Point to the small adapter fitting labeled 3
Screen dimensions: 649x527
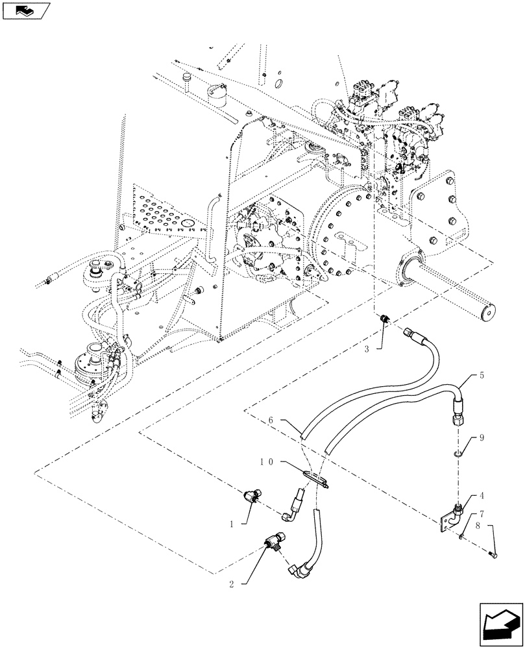tap(384, 319)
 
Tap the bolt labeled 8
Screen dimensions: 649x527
tap(491, 553)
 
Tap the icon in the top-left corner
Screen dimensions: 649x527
tap(28, 10)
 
